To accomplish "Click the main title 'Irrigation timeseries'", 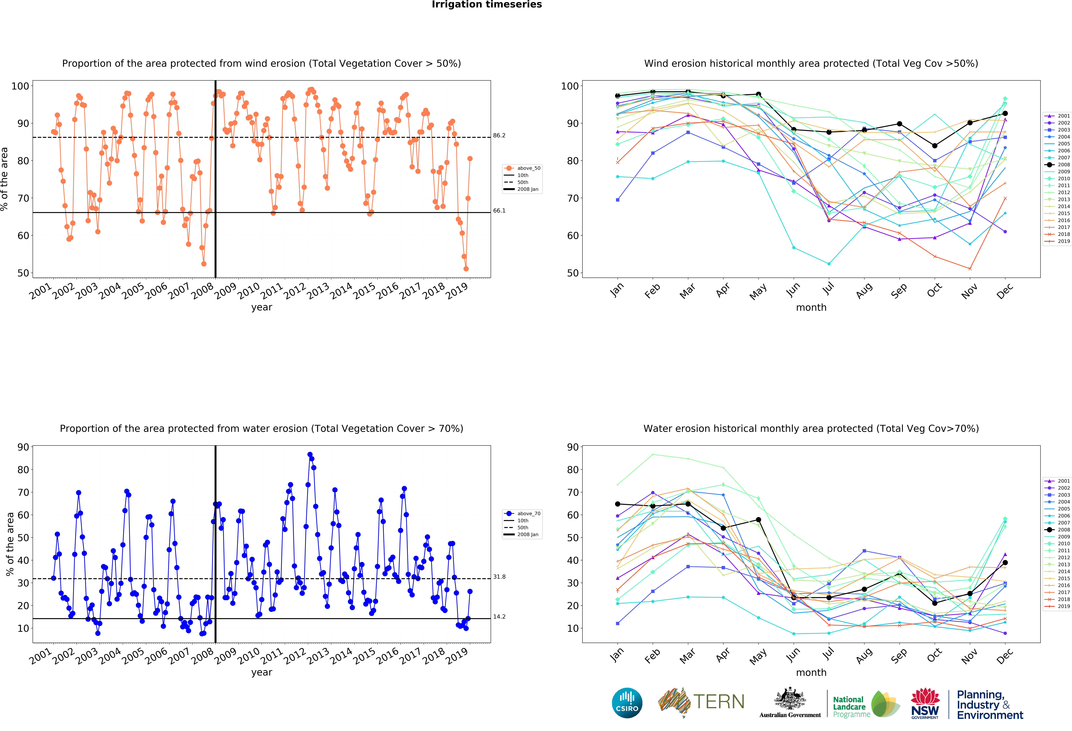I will (487, 5).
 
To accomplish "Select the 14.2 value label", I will (499, 617).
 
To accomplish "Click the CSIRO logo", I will (627, 703).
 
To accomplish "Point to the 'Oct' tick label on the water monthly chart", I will (934, 655).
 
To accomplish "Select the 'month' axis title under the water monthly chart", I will (811, 672).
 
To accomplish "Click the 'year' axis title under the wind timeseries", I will (262, 307).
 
